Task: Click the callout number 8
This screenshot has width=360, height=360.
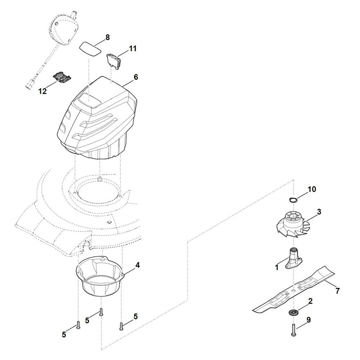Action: click(x=108, y=37)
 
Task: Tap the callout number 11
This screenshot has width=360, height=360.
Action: click(x=133, y=49)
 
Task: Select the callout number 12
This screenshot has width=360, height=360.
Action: click(x=42, y=91)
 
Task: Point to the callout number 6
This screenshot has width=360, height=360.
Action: click(x=136, y=77)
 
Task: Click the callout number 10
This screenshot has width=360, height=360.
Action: click(x=312, y=189)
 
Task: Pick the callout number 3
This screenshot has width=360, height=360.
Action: click(x=319, y=212)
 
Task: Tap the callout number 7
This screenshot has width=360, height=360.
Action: click(x=337, y=291)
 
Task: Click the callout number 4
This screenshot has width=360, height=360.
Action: click(x=138, y=265)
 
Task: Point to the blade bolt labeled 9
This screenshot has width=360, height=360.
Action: click(x=293, y=330)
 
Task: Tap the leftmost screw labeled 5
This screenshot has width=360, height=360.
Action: click(x=78, y=326)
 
